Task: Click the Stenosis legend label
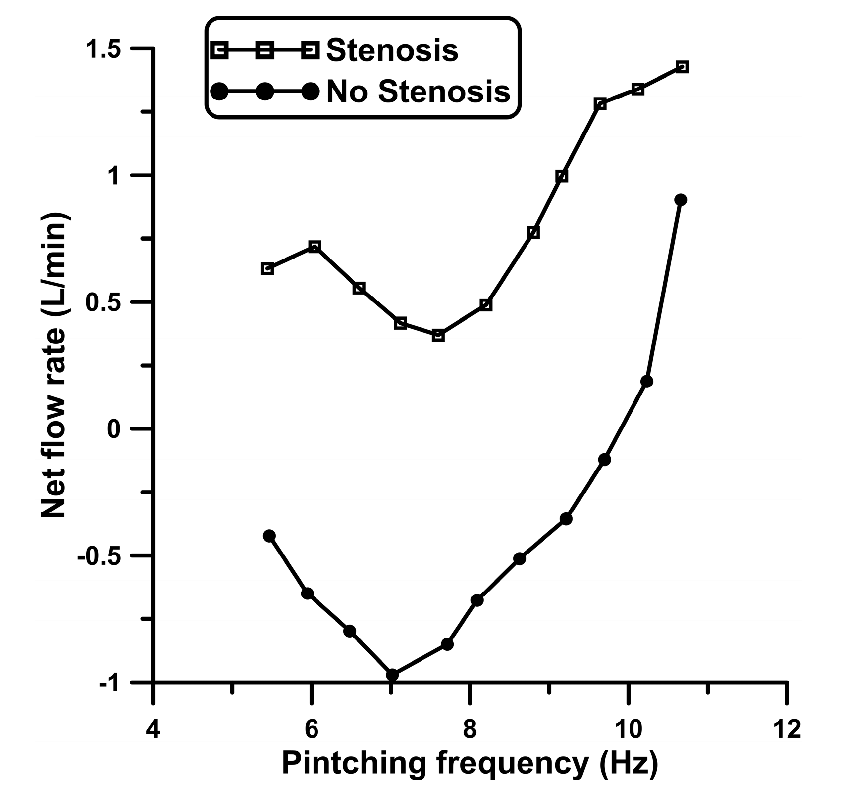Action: point(392,50)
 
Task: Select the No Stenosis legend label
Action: point(418,92)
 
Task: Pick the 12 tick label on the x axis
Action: point(786,729)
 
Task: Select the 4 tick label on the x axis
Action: point(154,729)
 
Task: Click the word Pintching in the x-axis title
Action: point(353,764)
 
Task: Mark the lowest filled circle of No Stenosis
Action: point(392,675)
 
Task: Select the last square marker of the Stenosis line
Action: point(682,67)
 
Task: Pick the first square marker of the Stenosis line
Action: point(267,269)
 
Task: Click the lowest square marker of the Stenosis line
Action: point(438,336)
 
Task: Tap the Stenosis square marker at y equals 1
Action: point(562,176)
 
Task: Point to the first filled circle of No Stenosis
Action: point(269,536)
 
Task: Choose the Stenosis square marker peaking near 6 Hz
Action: point(314,247)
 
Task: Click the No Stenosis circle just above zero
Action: point(646,382)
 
